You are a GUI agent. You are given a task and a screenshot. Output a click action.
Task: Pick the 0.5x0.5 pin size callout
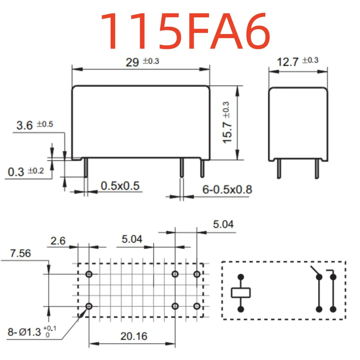click(x=120, y=186)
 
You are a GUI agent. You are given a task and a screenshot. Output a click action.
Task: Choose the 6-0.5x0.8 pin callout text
click(x=227, y=189)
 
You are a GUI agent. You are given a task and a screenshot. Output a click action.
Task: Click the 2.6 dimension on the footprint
click(x=58, y=241)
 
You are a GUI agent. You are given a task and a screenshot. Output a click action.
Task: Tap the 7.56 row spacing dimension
click(x=20, y=253)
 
